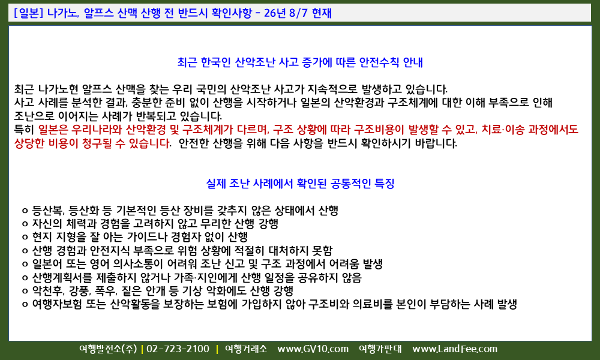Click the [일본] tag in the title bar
click(28, 13)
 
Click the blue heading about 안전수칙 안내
click(300, 62)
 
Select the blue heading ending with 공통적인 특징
click(300, 184)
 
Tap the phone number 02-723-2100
click(178, 349)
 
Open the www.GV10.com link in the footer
click(313, 349)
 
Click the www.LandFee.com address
click(455, 349)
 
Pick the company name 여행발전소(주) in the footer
click(108, 349)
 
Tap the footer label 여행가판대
click(380, 349)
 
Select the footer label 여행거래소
click(246, 349)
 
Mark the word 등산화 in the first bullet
click(85, 211)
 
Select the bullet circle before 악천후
click(25, 292)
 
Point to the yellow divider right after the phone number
click(217, 349)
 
